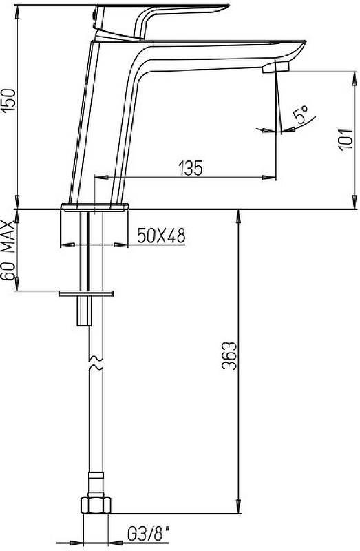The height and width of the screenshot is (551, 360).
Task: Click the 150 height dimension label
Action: tap(9, 101)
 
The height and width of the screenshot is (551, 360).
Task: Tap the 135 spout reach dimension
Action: tap(191, 168)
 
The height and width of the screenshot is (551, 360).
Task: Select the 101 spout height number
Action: tap(346, 140)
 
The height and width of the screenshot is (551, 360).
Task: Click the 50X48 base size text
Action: tap(161, 236)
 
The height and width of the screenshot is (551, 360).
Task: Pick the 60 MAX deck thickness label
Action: tap(9, 250)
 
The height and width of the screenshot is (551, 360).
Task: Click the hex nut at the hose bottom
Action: tap(96, 506)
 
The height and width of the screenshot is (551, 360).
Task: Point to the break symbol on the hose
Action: tap(95, 364)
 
